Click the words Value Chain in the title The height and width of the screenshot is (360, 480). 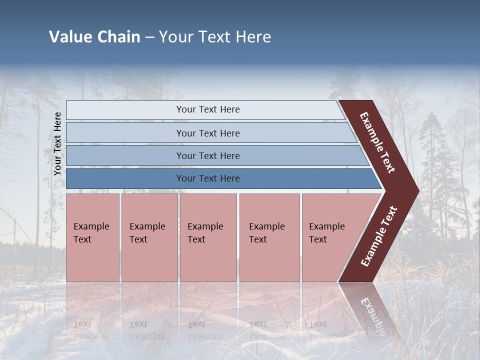(x=94, y=37)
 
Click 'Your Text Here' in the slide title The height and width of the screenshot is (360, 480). (x=215, y=37)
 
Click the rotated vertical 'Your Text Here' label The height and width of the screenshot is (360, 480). (x=57, y=144)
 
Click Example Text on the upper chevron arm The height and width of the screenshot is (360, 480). (x=377, y=143)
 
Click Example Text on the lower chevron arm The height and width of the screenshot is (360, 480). (x=378, y=236)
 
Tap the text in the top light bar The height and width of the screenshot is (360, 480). (x=208, y=109)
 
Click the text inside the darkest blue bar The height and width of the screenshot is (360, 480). (x=208, y=178)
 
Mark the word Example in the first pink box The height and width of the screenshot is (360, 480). (x=91, y=226)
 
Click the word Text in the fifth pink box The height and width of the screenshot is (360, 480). (x=318, y=239)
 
